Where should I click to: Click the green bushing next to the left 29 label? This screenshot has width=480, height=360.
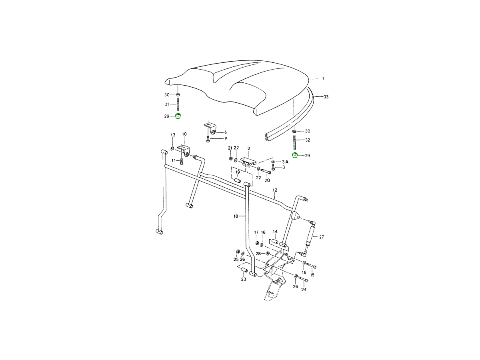pos(178,116)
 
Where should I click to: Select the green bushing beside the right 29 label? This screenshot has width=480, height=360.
pos(295,155)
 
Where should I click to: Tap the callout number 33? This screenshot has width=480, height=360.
pos(326,97)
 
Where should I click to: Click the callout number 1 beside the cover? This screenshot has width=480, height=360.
pos(323,78)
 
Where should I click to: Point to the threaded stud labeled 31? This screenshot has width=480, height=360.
pos(178,104)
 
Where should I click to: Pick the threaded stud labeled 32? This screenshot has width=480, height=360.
pos(294,142)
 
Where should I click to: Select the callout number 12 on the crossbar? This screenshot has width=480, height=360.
pos(275,190)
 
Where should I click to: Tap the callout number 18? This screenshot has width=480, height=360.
pos(236,216)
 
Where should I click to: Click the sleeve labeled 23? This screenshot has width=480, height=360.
pos(244,270)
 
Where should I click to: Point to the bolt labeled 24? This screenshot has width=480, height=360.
pos(303,279)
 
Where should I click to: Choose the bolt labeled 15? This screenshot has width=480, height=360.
pos(311,265)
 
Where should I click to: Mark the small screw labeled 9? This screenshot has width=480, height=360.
pos(208,139)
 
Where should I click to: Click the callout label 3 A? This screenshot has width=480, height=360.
pos(285,162)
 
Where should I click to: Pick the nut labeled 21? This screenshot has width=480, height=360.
pos(230,158)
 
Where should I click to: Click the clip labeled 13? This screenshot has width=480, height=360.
pos(172,149)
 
